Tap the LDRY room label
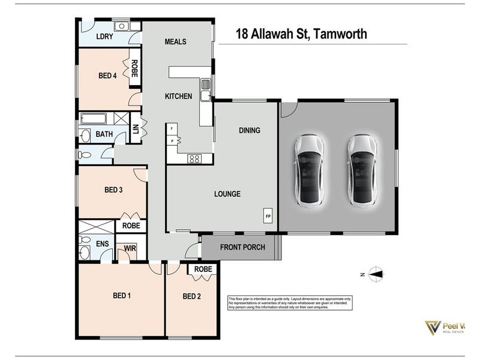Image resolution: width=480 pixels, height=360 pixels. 105,37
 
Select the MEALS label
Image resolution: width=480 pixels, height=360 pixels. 175,41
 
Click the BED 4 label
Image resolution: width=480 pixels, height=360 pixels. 107,76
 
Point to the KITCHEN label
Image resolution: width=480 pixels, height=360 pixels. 178,96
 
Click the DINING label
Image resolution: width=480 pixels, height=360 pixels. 249,130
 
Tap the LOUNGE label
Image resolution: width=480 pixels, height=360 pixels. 227,194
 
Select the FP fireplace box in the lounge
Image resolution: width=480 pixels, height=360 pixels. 267,215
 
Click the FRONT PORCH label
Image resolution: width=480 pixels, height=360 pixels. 241,247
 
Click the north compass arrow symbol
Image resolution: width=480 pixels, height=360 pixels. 376,274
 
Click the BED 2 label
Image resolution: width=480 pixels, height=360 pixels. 191,296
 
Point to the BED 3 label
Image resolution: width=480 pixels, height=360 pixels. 113,190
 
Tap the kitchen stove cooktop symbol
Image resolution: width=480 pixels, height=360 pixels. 195,159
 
